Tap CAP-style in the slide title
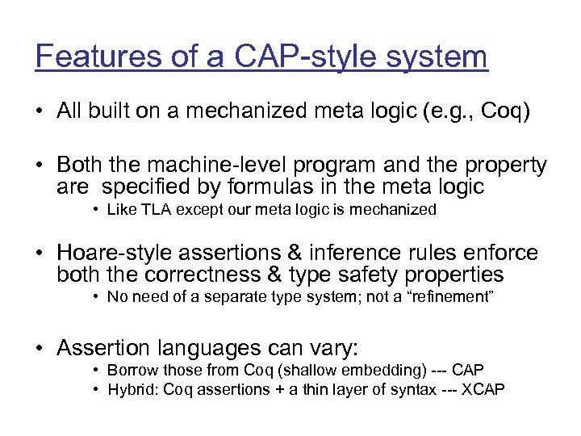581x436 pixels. tap(278, 57)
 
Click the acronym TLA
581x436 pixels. tap(152, 210)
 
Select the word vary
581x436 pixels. tap(334, 349)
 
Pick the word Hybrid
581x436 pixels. tap(131, 389)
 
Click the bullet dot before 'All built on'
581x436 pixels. tap(40, 111)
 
